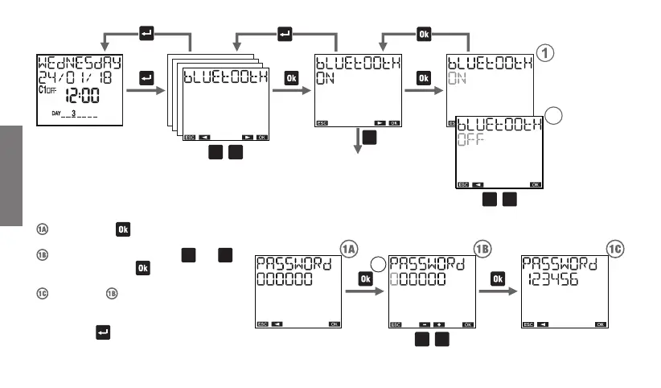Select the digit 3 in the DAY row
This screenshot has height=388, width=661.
tap(73, 114)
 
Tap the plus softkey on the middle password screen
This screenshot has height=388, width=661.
tap(440, 324)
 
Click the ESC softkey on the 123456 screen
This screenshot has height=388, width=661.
tap(528, 324)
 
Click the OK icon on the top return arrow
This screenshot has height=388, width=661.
tap(425, 34)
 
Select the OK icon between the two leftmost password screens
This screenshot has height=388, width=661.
tap(365, 279)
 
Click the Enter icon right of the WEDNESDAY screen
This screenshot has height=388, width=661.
tap(146, 78)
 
